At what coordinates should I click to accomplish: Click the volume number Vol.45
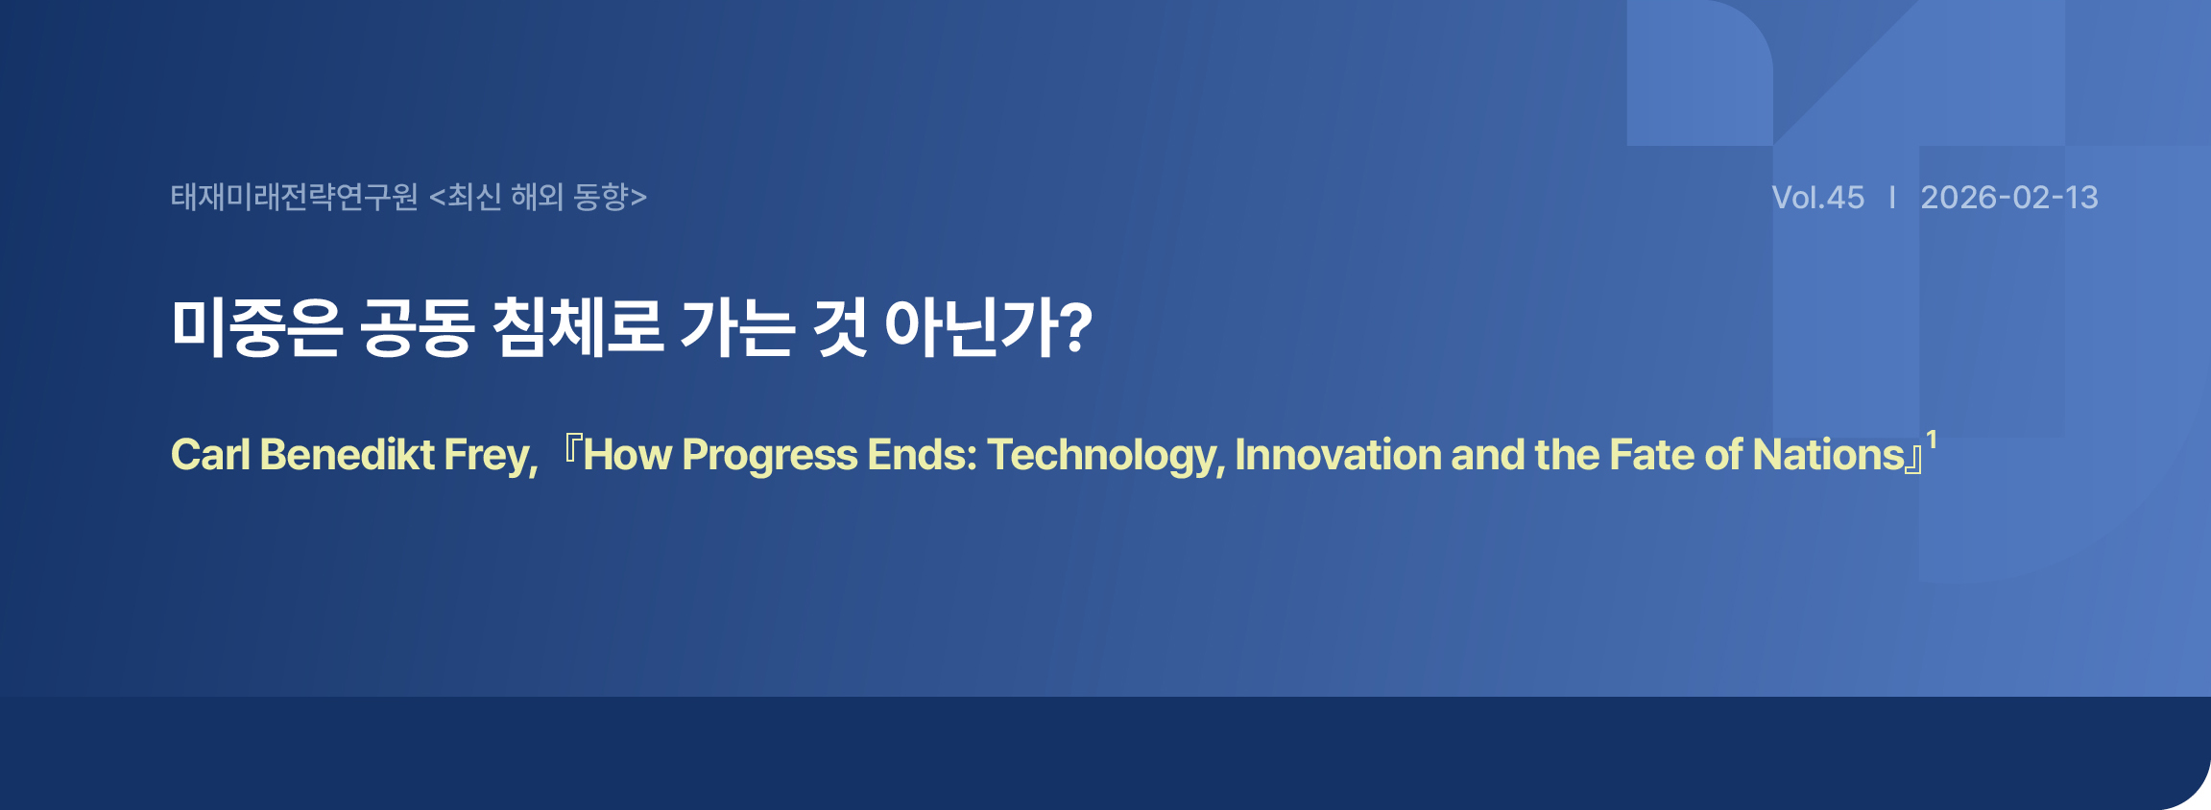1817,198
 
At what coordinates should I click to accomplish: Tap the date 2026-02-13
2009,198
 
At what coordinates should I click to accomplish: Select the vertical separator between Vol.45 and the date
1892,198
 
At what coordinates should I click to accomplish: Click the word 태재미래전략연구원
295,197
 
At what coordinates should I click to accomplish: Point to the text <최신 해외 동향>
539,197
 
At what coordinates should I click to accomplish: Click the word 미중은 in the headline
256,327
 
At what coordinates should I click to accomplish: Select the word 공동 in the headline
418,327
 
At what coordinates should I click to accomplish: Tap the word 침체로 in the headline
578,327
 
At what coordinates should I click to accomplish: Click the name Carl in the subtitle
210,455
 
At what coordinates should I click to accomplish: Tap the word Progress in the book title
769,457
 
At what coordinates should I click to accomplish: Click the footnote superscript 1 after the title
1932,441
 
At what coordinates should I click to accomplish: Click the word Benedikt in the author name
347,455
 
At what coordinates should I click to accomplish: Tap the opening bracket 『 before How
571,449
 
